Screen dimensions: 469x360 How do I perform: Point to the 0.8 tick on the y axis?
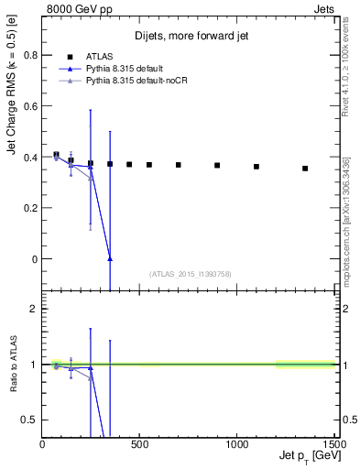(28, 55)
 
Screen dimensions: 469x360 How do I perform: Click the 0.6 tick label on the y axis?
(28, 106)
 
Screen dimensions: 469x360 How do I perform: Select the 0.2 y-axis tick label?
(28, 208)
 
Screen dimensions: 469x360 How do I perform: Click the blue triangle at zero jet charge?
(110, 259)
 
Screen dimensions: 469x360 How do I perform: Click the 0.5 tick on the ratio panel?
(29, 420)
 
